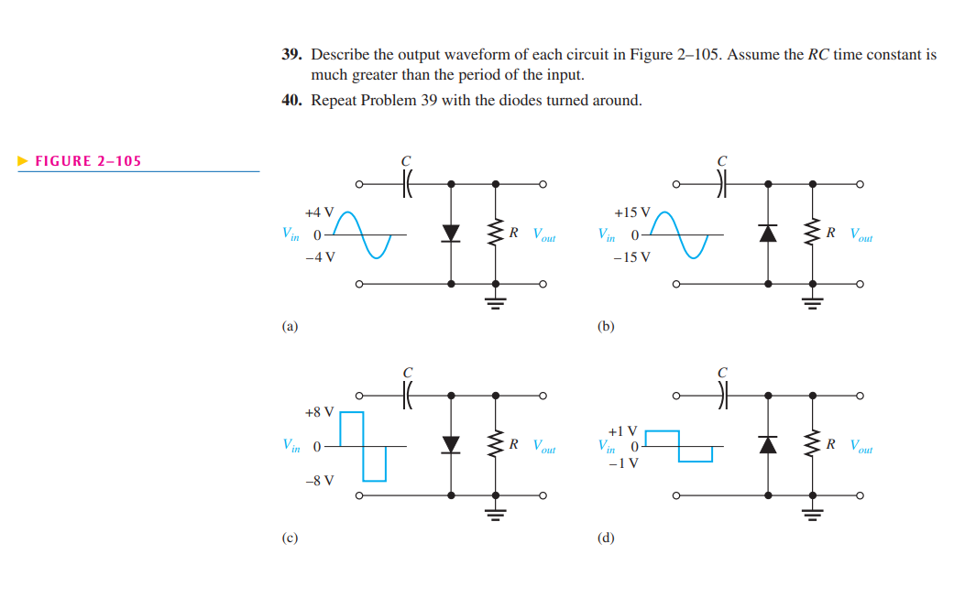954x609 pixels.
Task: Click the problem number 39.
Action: click(x=291, y=55)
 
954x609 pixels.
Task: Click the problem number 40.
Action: click(x=291, y=100)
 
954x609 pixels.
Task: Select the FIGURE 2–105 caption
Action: click(x=88, y=161)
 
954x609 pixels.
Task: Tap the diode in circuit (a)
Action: click(x=450, y=233)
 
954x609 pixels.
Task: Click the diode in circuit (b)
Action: click(x=767, y=233)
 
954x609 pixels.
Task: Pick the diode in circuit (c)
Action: click(x=450, y=444)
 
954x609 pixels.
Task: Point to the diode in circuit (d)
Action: click(x=767, y=444)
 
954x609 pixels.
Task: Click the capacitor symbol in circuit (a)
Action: click(x=406, y=184)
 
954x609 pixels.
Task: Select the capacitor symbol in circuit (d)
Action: click(x=721, y=396)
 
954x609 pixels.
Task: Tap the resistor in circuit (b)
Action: click(x=812, y=233)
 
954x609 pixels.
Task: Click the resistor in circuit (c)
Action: click(x=496, y=444)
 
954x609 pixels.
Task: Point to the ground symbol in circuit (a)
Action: click(x=496, y=304)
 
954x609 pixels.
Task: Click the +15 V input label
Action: click(x=632, y=212)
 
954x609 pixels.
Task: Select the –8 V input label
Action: click(x=320, y=480)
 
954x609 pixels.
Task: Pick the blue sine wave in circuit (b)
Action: click(x=682, y=234)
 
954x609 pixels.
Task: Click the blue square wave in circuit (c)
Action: click(x=363, y=446)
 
